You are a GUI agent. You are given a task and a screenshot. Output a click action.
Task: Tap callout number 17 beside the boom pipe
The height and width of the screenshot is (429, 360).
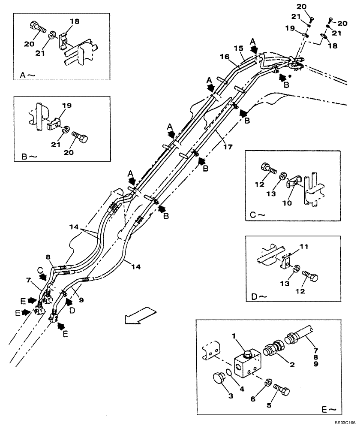point(228,146)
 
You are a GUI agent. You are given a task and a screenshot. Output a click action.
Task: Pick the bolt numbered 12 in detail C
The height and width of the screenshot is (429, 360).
point(269,169)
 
